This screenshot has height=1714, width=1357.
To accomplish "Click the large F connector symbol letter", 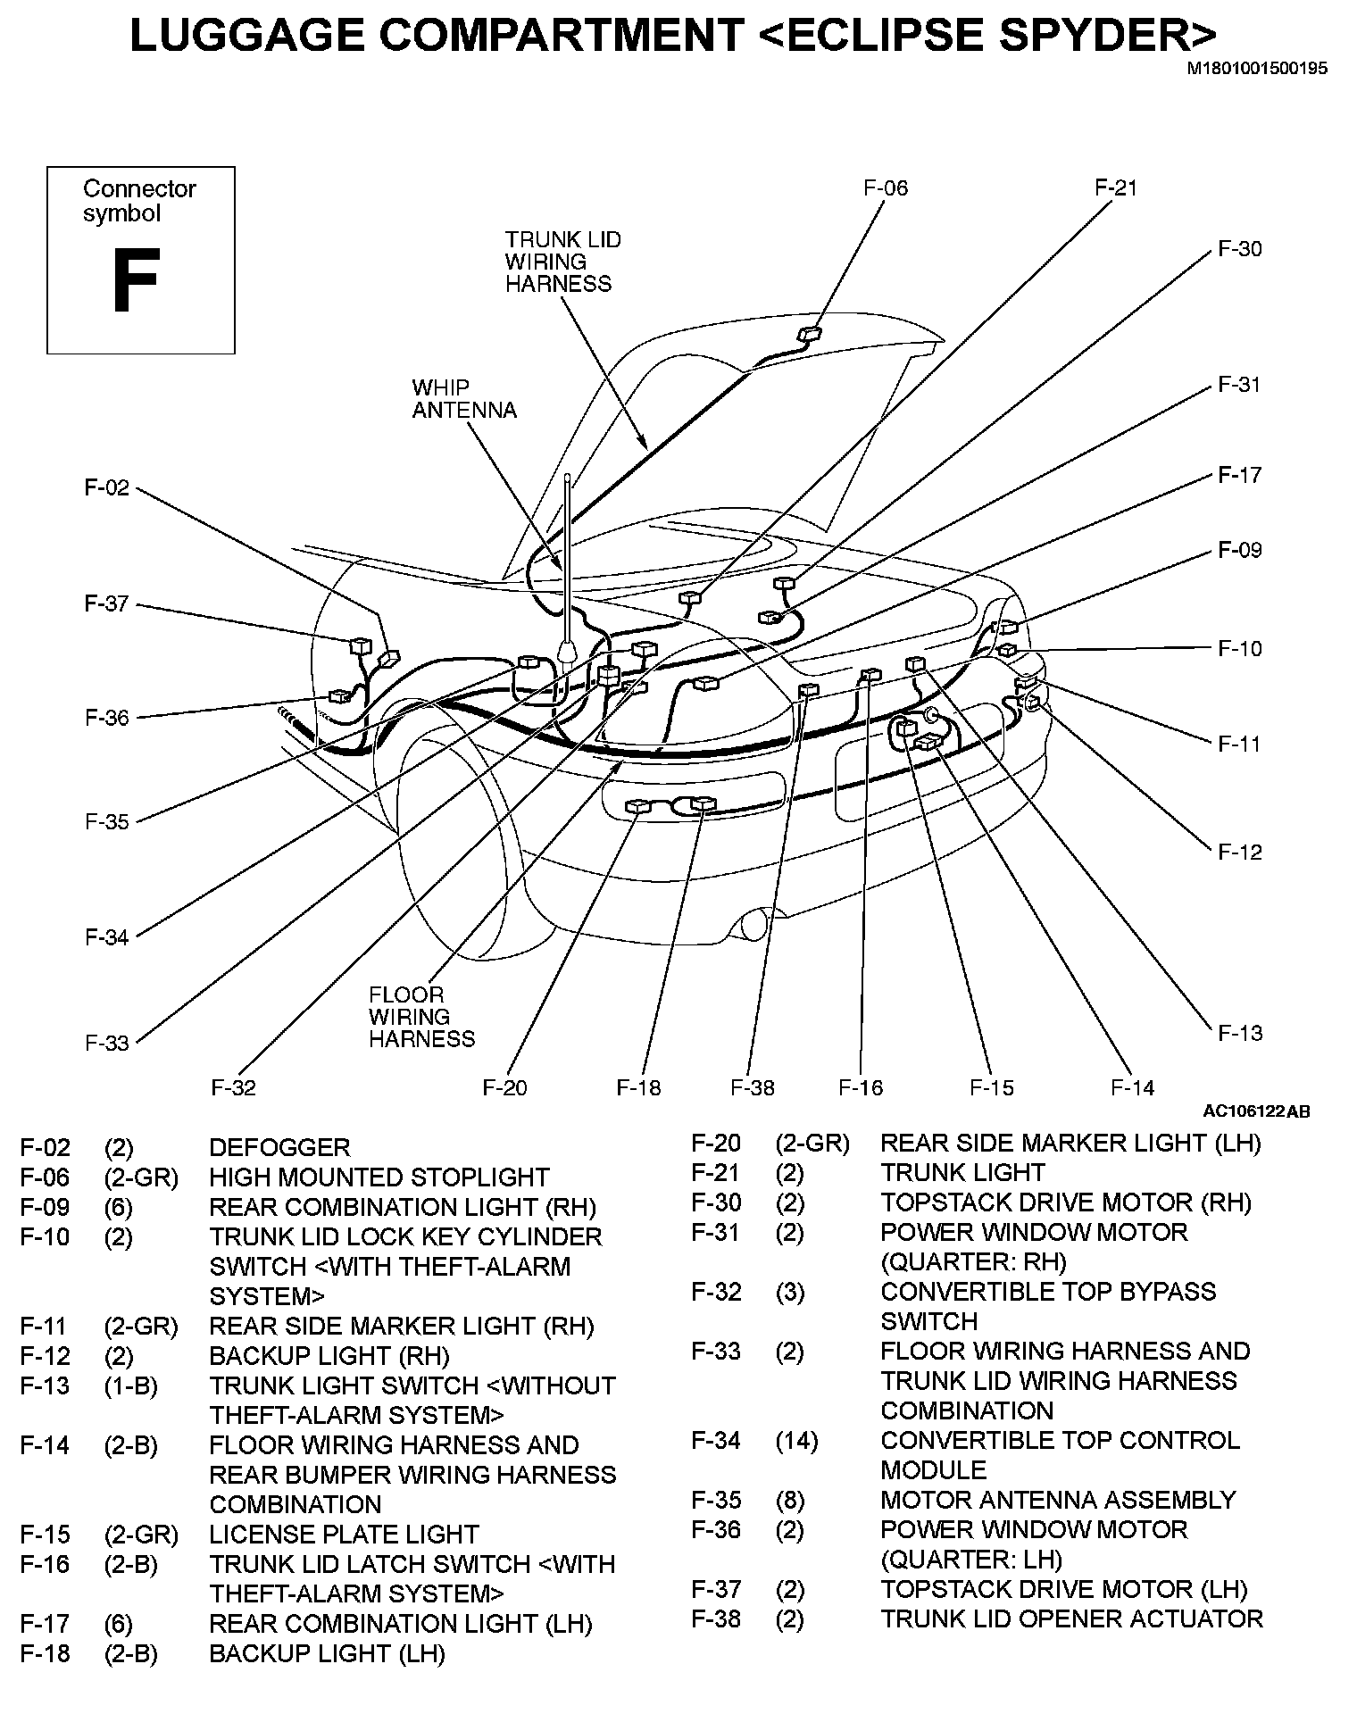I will [x=135, y=280].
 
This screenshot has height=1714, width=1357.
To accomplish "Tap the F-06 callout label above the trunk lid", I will [x=885, y=188].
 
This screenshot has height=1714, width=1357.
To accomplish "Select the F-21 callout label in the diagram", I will [x=1116, y=188].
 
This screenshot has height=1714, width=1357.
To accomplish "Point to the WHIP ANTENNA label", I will [x=464, y=399].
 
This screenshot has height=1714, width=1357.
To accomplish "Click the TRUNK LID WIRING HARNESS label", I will [x=562, y=262].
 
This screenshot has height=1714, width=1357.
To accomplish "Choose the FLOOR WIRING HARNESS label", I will [x=421, y=1017].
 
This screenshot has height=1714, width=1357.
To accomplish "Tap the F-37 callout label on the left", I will [x=106, y=604].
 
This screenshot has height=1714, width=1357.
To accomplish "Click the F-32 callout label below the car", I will [x=233, y=1087].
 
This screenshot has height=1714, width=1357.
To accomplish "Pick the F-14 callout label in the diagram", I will [x=1132, y=1087].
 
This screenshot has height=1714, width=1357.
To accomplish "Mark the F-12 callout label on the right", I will [x=1240, y=853].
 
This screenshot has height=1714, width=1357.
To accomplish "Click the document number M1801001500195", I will [x=1256, y=68].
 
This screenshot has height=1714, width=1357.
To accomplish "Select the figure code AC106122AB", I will [x=1256, y=1111].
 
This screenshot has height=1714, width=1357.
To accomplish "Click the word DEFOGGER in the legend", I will [x=279, y=1148].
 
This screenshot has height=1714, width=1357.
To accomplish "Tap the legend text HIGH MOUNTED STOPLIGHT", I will [x=379, y=1177].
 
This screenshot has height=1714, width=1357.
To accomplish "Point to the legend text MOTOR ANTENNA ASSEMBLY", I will [x=1058, y=1500].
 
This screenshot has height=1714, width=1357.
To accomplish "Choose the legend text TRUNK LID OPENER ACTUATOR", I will [x=1071, y=1619].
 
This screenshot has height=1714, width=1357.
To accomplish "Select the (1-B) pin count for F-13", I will [x=130, y=1386].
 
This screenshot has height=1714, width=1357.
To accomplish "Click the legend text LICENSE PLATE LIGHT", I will [x=344, y=1535].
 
